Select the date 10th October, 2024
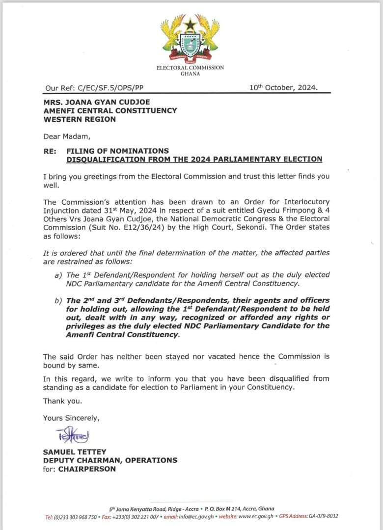point(283,88)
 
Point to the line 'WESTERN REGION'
point(80,119)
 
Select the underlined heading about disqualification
point(194,159)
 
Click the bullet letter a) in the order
point(58,275)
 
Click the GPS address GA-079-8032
point(323,516)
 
